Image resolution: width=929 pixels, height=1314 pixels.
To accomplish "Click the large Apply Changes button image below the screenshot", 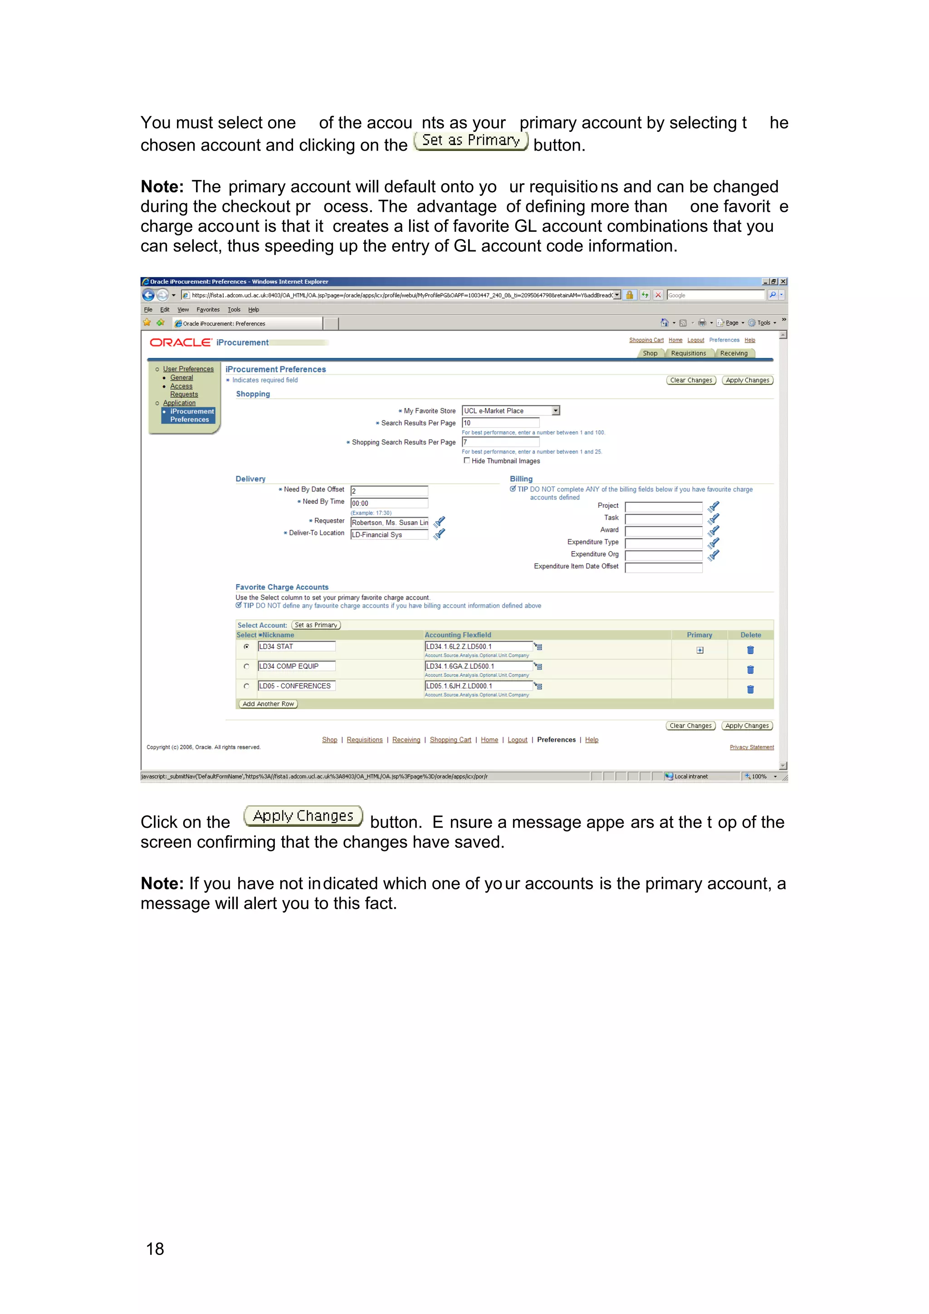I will pos(303,816).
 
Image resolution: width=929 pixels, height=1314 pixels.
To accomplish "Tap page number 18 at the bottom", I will pos(155,1248).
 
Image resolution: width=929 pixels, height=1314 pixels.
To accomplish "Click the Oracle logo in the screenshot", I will pos(180,342).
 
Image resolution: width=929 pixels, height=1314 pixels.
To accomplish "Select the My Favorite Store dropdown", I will pos(511,410).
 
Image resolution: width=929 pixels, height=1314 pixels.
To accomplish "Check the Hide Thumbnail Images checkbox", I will pos(466,460).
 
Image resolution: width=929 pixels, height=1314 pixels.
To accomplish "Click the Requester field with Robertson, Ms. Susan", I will pos(389,522).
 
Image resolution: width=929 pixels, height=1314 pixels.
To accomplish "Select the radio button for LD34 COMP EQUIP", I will pos(247,666).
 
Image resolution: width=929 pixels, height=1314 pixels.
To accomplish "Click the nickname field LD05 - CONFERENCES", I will pos(296,686).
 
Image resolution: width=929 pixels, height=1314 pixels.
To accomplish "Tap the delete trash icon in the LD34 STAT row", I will pos(750,650).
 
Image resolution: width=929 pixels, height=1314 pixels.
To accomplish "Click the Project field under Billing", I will pos(663,506).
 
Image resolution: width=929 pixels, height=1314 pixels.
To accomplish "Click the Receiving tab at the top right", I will pos(734,353).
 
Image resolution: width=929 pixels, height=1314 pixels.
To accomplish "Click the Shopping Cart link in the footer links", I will pos(450,740).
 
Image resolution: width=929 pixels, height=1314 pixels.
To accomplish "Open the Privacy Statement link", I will pos(751,747).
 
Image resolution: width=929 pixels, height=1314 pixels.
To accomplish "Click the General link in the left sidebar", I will pos(181,378).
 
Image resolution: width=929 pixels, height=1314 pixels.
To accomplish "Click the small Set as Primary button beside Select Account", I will pos(316,625).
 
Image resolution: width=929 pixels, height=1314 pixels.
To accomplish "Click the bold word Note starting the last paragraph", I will pos(161,883).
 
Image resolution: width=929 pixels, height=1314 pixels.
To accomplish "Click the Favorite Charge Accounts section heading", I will pos(282,587).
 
